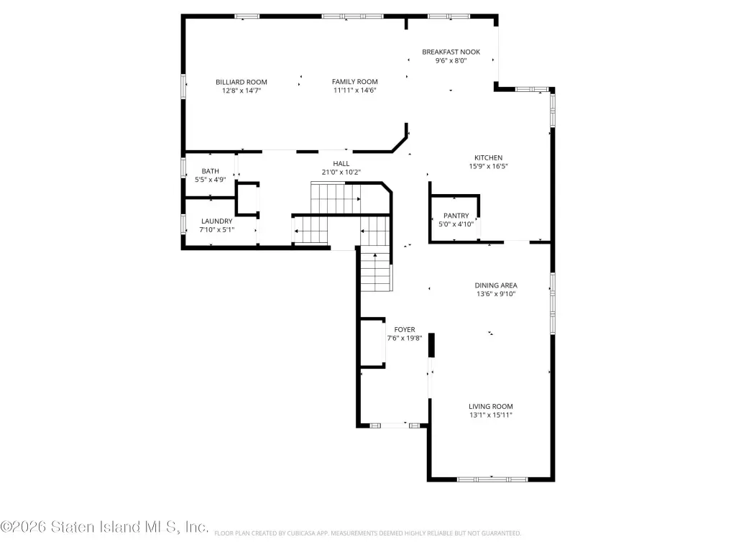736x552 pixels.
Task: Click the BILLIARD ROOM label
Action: (241, 82)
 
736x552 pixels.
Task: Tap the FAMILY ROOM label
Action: (355, 82)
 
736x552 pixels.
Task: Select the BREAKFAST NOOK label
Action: (451, 52)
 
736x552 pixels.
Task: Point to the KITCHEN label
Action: (488, 157)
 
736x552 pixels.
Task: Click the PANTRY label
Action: (456, 216)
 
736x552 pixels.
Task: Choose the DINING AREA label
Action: (496, 285)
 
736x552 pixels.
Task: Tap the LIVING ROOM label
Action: (490, 407)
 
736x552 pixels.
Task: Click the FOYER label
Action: (405, 329)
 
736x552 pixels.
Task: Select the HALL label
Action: (341, 163)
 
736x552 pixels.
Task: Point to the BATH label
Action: (211, 171)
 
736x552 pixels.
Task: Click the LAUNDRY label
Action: (217, 221)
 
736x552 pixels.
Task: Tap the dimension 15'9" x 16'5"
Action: (488, 166)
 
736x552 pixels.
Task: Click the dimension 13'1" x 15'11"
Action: (490, 415)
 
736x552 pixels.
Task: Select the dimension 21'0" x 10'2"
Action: (341, 172)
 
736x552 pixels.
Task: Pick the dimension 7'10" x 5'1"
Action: (217, 230)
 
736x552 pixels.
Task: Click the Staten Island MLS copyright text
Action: (104, 527)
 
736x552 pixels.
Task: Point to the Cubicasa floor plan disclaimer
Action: (367, 533)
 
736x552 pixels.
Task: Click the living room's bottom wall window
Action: (492, 479)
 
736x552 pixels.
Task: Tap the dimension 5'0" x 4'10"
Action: (456, 224)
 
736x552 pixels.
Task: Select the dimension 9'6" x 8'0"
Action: (451, 60)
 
